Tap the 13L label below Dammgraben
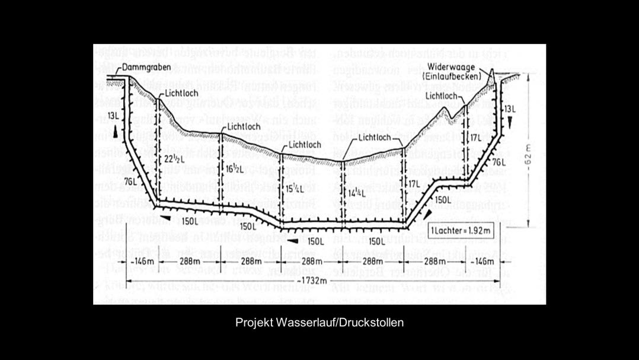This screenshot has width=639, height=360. (x=114, y=114)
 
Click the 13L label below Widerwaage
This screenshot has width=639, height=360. (x=510, y=109)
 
